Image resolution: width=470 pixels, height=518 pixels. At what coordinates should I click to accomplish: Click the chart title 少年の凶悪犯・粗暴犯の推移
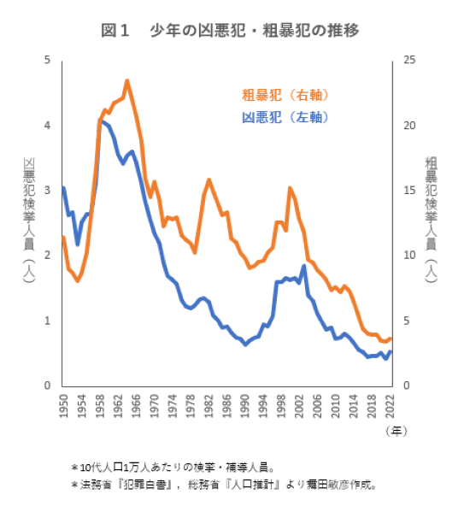click(x=230, y=31)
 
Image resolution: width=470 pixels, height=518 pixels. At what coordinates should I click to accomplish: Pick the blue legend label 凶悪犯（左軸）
click(x=285, y=117)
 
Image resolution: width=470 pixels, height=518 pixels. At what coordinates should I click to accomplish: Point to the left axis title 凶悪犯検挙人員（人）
click(x=28, y=221)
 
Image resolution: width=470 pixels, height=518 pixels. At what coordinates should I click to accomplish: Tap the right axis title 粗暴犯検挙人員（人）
click(x=432, y=221)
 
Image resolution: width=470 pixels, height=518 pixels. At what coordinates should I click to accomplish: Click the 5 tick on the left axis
click(x=48, y=60)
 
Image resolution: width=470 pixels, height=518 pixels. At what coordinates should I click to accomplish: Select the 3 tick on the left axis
click(x=48, y=191)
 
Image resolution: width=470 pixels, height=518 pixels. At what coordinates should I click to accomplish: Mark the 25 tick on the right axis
click(x=410, y=60)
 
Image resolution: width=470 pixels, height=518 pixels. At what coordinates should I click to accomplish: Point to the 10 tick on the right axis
click(x=410, y=256)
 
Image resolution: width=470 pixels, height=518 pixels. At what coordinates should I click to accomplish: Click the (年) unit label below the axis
click(x=396, y=432)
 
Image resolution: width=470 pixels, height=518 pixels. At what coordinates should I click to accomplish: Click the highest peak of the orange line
click(x=127, y=81)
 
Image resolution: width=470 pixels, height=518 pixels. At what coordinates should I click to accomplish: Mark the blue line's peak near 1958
click(x=101, y=121)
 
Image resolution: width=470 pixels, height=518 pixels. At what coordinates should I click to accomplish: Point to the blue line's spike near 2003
click(x=303, y=266)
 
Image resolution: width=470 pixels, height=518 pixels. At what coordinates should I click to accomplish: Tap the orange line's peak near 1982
click(x=209, y=180)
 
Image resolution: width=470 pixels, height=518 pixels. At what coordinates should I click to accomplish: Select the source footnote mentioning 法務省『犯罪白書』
click(x=223, y=485)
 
